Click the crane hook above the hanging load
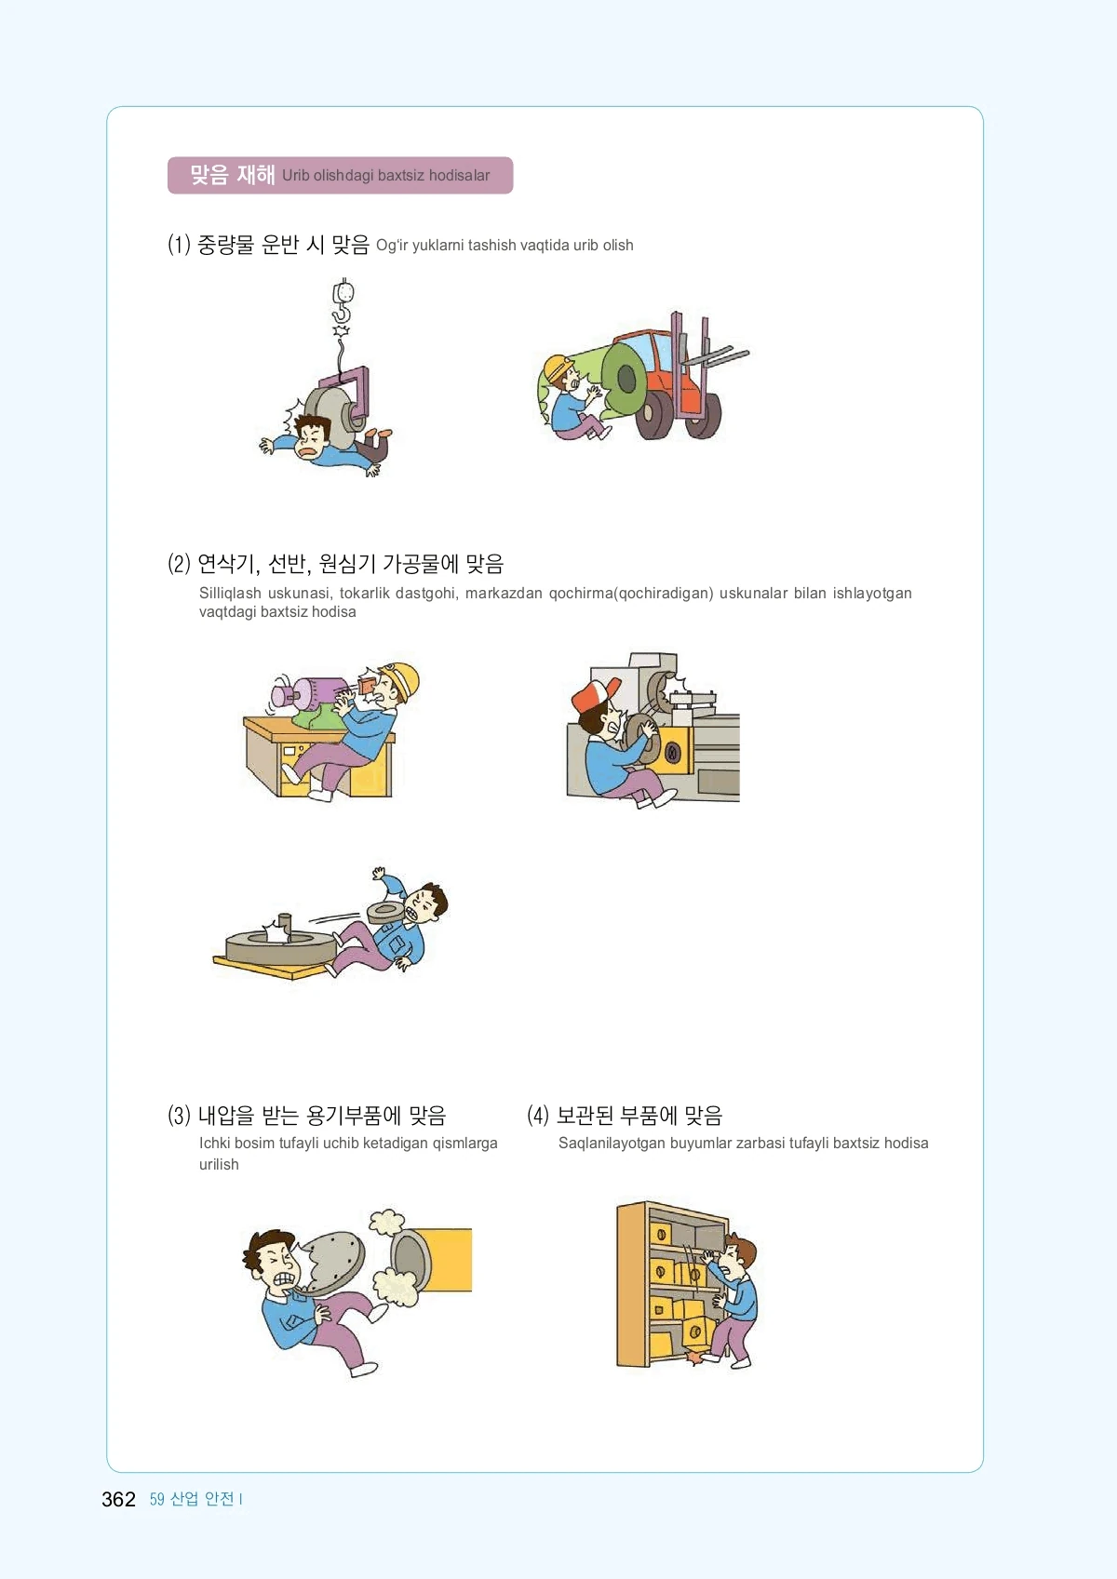coord(343,301)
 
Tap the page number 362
coord(118,1499)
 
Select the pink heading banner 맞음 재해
coord(340,176)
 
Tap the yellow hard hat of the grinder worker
coord(400,679)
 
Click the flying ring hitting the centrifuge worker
coord(385,912)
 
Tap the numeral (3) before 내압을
coord(179,1116)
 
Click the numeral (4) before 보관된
coord(538,1116)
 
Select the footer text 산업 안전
coord(202,1499)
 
